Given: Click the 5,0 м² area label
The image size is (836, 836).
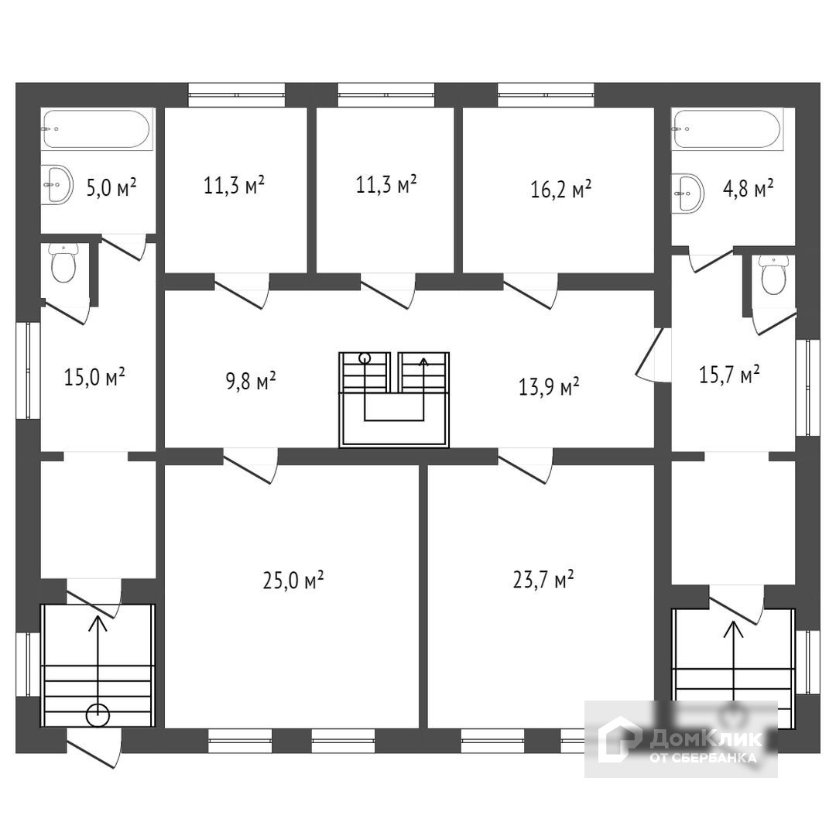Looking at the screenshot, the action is click(111, 187).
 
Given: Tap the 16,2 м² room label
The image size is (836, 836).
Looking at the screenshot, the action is click(561, 188).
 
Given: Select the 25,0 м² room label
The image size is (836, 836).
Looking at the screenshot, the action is click(293, 580).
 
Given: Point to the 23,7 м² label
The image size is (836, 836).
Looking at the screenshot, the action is click(543, 580).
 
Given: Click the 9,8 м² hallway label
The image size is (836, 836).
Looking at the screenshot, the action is click(251, 381).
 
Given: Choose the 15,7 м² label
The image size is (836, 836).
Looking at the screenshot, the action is click(728, 375).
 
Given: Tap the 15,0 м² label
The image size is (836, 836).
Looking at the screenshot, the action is click(94, 378).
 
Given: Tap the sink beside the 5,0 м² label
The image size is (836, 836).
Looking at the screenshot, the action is click(57, 185).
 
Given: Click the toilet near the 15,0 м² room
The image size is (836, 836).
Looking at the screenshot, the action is click(63, 263).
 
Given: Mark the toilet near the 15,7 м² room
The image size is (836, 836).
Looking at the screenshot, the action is click(773, 274).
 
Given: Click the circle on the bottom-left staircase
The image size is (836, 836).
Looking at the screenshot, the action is click(98, 714).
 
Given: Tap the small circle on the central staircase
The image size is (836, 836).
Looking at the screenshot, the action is click(365, 358).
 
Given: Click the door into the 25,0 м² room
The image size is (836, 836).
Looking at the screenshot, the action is click(250, 468).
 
